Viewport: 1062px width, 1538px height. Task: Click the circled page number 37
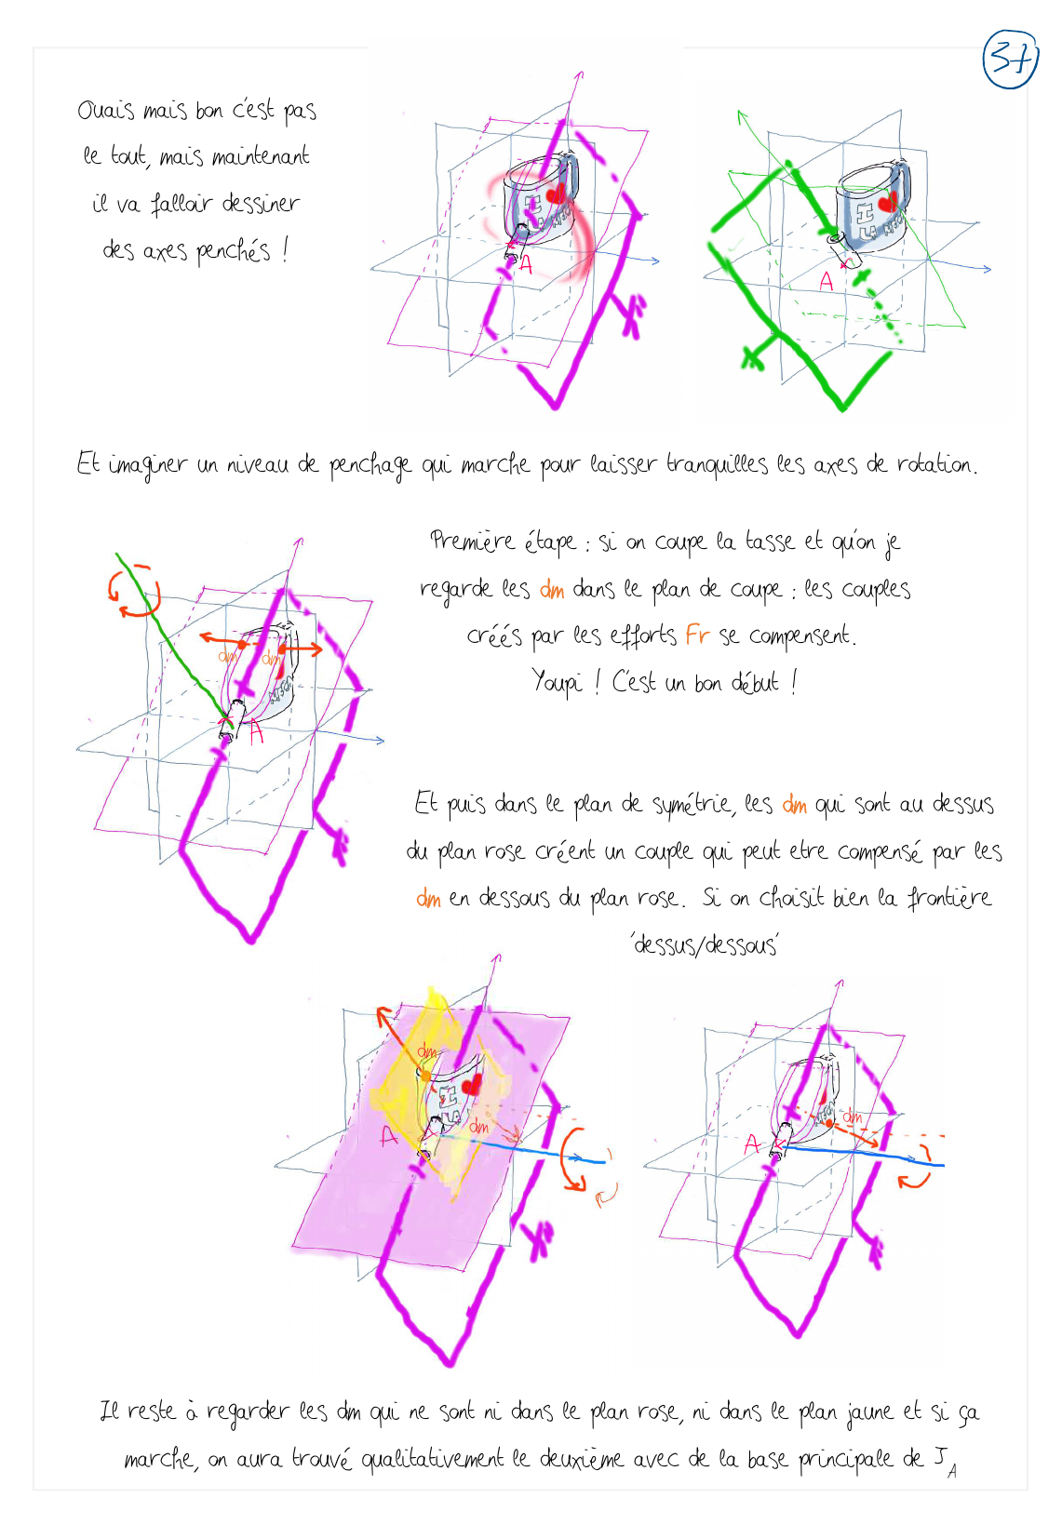tap(1010, 60)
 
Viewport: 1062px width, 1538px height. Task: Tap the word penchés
tap(234, 251)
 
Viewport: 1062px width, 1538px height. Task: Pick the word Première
tap(472, 542)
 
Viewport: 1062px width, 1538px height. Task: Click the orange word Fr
tap(697, 635)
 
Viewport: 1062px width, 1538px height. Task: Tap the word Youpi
tap(557, 683)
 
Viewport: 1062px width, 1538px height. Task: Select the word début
tap(755, 683)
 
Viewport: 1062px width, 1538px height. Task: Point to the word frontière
tap(949, 897)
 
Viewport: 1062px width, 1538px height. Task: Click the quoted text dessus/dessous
tap(705, 945)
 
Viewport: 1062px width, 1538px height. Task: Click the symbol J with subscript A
tap(946, 1462)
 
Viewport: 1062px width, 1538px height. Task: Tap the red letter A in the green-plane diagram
tap(826, 281)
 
